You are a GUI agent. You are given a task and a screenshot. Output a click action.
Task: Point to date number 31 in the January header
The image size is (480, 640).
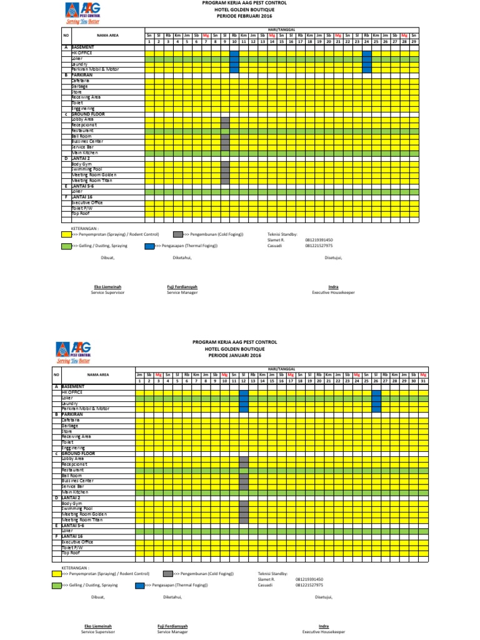point(423,380)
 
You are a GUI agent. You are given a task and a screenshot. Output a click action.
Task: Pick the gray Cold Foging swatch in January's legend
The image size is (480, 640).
point(168,573)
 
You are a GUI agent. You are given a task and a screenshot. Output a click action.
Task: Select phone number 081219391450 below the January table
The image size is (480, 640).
point(310,579)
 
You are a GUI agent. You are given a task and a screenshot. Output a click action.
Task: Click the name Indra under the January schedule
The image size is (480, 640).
point(324,626)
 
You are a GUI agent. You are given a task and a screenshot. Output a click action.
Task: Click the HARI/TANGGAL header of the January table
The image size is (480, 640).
point(282,370)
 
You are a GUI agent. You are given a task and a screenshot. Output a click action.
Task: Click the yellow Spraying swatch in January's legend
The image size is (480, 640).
point(57,573)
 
